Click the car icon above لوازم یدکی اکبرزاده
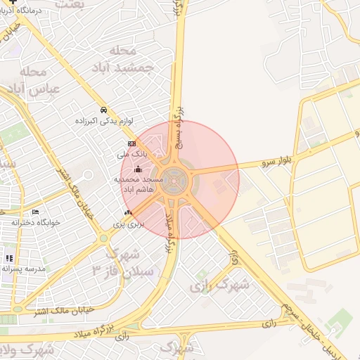pyautogui.click(x=103, y=110)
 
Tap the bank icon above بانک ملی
pyautogui.click(x=131, y=143)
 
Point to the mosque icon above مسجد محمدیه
pyautogui.click(x=138, y=169)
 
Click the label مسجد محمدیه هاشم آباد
pyautogui.click(x=139, y=185)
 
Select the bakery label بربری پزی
pyautogui.click(x=129, y=224)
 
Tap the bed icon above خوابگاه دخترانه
pyautogui.click(x=36, y=212)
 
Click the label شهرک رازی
pyautogui.click(x=220, y=285)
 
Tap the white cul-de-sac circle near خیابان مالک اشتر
pyautogui.click(x=88, y=174)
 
